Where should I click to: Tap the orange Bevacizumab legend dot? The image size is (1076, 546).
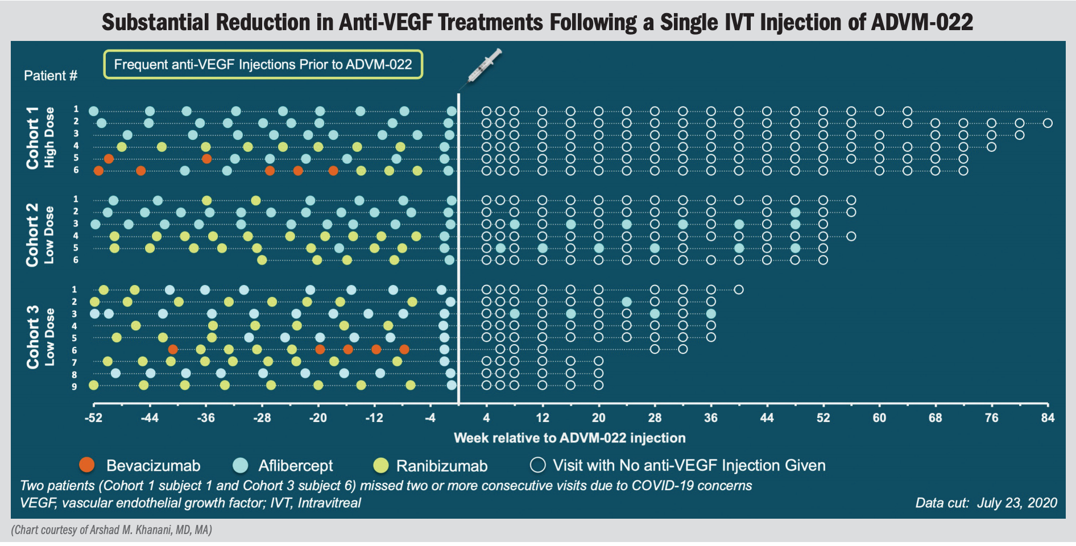(87, 465)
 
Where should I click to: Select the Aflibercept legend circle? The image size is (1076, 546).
(241, 465)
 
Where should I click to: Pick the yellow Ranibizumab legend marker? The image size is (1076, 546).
(380, 465)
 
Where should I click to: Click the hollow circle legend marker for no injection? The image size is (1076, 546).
(537, 465)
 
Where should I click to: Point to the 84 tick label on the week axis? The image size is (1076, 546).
(1048, 418)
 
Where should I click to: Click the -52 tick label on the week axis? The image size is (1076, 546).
(93, 418)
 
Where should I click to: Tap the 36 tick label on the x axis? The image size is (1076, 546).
(710, 418)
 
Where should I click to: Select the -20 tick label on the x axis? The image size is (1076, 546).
(318, 418)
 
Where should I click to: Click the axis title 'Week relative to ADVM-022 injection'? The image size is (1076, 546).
(569, 438)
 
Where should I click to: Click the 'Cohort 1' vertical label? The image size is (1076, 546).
(33, 138)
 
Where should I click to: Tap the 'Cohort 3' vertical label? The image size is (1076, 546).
(33, 337)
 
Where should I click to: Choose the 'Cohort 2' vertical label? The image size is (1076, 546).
(33, 234)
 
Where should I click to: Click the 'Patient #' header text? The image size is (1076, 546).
(51, 76)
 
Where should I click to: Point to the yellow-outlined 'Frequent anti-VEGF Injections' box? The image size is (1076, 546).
(263, 64)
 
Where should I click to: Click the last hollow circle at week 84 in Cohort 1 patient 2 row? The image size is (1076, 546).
(1048, 123)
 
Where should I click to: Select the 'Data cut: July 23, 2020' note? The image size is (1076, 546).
(986, 503)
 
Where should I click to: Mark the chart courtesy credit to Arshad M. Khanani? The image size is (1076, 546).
(111, 530)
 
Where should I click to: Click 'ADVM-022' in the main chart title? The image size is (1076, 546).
(922, 22)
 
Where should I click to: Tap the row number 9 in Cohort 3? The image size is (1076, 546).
(74, 387)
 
